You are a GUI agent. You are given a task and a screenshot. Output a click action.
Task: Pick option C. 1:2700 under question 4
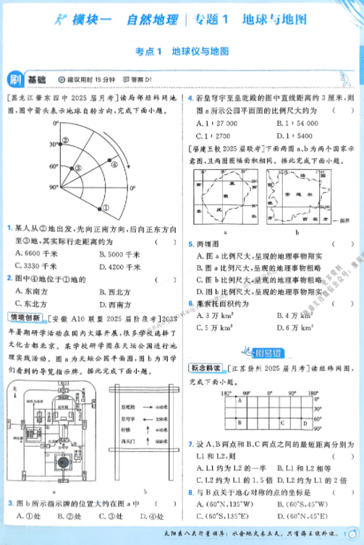(x=213, y=136)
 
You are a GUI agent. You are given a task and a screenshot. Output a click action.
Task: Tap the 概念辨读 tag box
(x=207, y=369)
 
